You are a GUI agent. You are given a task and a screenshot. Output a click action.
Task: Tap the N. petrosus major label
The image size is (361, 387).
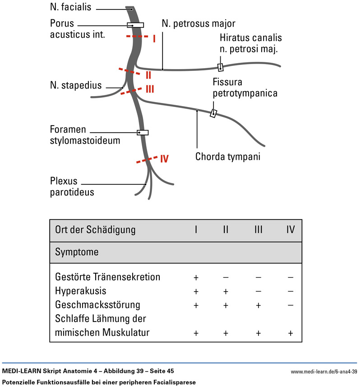click(x=198, y=23)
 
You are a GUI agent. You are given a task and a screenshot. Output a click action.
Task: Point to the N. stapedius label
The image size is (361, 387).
click(x=76, y=85)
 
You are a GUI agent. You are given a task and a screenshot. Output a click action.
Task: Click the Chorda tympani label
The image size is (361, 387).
click(x=227, y=157)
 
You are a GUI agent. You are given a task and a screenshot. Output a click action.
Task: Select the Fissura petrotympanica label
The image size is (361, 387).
click(x=245, y=88)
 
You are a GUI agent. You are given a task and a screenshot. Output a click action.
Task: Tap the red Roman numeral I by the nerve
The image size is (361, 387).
click(x=154, y=39)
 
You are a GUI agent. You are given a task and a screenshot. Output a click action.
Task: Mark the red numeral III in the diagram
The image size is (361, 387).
click(x=150, y=89)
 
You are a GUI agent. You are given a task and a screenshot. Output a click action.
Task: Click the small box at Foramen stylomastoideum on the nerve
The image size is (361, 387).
click(x=143, y=132)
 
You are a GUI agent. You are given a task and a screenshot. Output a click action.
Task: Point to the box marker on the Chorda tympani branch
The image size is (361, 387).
click(x=213, y=113)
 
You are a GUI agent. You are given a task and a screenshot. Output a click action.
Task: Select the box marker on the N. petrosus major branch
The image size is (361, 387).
click(x=220, y=67)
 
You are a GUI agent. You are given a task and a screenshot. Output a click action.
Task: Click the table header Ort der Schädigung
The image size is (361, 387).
click(x=95, y=229)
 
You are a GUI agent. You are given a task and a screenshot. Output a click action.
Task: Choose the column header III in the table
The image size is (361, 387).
click(x=258, y=229)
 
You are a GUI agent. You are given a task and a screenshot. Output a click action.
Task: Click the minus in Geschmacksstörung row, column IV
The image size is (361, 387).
click(x=291, y=305)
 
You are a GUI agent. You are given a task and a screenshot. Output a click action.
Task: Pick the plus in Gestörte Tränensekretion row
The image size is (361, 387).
click(x=196, y=277)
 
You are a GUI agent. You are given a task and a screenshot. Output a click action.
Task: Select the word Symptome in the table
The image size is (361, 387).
click(x=77, y=252)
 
